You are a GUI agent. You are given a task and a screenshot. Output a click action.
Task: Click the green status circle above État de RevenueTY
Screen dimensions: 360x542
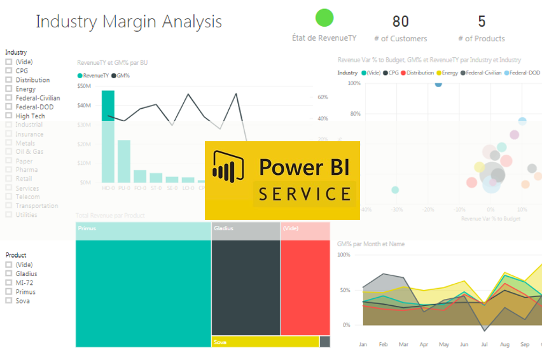click(x=324, y=18)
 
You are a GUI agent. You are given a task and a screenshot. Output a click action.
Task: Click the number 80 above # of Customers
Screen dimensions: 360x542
click(x=400, y=22)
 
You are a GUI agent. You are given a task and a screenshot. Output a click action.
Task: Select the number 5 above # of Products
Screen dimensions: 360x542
click(x=481, y=22)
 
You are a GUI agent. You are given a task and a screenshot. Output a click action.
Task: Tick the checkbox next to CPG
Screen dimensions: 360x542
click(x=9, y=71)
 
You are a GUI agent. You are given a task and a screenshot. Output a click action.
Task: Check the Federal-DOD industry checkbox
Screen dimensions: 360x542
click(x=9, y=107)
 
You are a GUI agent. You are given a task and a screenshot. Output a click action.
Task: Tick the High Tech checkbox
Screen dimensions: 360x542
click(x=9, y=116)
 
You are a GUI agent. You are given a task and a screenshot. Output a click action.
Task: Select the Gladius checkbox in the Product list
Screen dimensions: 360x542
click(x=9, y=273)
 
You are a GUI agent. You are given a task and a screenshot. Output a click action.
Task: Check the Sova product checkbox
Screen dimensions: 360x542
click(x=9, y=301)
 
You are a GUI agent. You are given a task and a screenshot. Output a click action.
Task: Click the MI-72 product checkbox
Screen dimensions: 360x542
click(x=9, y=282)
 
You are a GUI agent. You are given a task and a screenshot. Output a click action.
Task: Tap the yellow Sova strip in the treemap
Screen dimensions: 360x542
click(x=265, y=342)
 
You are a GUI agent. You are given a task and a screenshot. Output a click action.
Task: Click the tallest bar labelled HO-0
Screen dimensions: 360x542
click(x=108, y=137)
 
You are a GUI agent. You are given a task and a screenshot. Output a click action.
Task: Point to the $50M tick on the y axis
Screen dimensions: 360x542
click(x=84, y=85)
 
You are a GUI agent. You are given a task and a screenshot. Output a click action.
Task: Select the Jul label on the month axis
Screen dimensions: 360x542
click(x=484, y=344)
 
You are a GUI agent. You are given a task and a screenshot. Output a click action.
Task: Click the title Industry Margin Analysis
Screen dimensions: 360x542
click(x=129, y=22)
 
